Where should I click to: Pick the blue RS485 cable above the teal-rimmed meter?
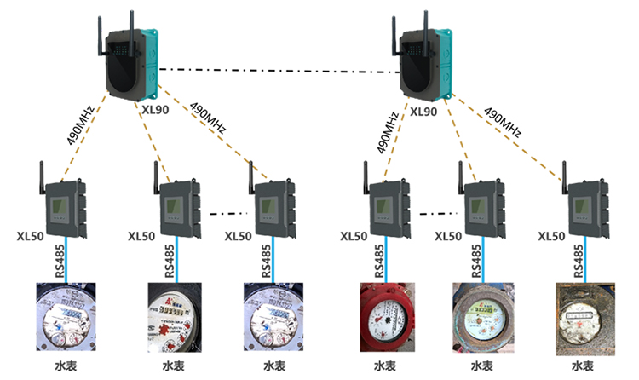pyautogui.click(x=482, y=260)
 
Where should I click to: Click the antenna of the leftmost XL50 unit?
pyautogui.click(x=42, y=174)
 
